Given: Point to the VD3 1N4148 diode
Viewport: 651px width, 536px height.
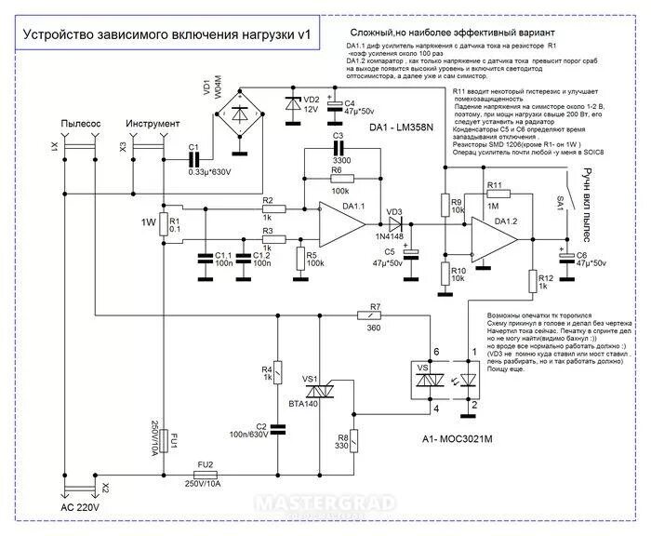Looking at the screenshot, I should click(x=394, y=223).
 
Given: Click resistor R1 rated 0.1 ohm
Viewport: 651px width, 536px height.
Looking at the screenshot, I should click(x=162, y=223).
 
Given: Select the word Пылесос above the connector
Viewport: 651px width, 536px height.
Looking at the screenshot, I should click(x=75, y=124).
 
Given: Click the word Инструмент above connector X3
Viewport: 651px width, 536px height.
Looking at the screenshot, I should click(x=147, y=124).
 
